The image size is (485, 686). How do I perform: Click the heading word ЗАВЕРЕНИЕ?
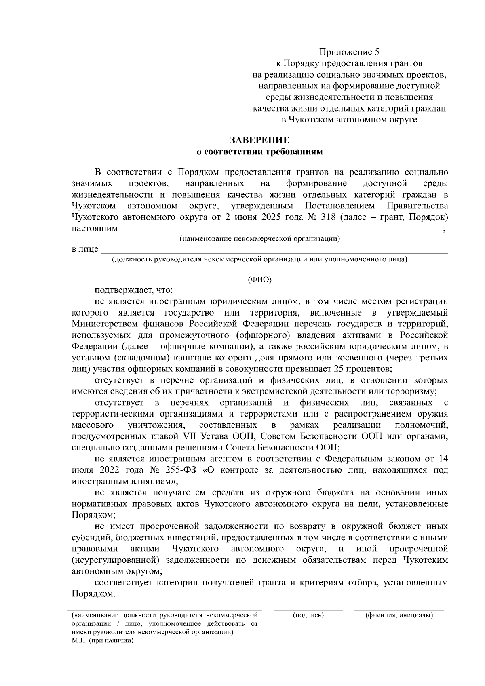(259, 140)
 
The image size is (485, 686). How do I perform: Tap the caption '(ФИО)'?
(259, 280)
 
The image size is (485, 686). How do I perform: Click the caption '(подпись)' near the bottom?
(308, 615)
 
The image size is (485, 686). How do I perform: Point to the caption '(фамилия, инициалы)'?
(399, 615)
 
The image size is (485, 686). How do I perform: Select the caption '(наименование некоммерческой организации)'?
(259, 238)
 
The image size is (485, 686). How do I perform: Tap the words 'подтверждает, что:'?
(133, 290)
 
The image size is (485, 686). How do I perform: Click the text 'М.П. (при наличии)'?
(102, 641)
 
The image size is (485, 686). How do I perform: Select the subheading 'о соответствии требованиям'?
(259, 152)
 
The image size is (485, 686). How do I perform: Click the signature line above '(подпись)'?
(308, 609)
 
